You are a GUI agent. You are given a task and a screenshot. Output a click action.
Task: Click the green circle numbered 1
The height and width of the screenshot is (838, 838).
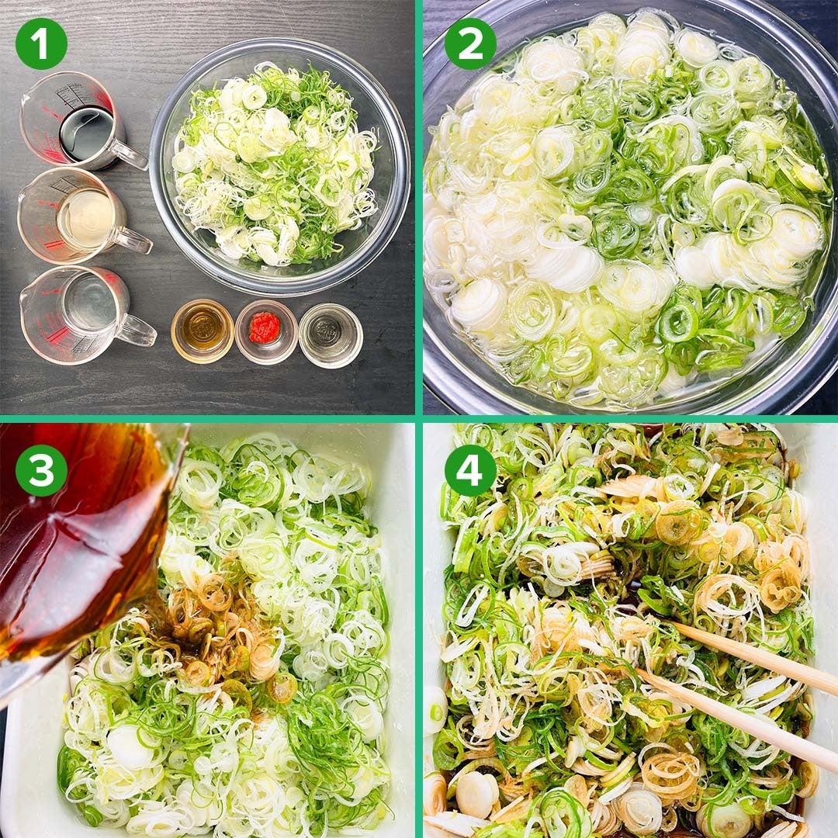tap(41, 43)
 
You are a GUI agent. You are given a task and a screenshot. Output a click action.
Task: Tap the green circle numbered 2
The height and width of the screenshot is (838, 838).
tap(470, 43)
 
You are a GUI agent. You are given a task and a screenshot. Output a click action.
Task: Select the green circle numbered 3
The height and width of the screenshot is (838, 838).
tap(41, 470)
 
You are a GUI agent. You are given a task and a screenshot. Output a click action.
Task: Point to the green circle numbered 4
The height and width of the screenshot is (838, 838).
tap(470, 470)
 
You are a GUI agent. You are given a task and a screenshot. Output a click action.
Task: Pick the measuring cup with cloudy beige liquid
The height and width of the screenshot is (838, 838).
tap(80, 216)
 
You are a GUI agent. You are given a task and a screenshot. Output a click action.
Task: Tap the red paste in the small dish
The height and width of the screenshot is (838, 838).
tap(265, 327)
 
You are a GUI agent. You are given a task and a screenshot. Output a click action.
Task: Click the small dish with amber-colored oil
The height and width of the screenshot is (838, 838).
tap(203, 331)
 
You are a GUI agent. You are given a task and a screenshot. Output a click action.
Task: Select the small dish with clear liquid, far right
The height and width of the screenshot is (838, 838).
tap(331, 336)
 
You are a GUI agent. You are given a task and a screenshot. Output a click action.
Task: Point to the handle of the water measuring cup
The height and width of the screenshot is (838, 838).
tap(137, 331)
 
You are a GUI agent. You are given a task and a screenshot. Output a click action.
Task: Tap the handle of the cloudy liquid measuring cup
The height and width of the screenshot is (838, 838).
tap(133, 241)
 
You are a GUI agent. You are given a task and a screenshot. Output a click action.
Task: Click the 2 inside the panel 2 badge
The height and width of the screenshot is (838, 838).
tap(470, 43)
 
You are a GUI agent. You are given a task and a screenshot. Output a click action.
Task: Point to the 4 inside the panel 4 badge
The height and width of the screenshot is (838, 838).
tap(470, 470)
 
